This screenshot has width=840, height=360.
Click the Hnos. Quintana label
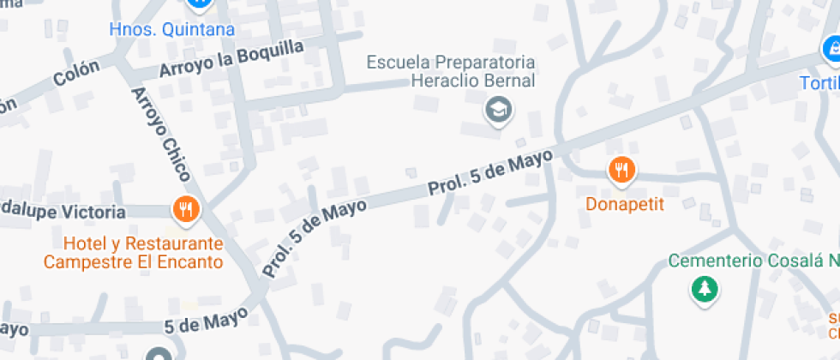tap(171, 30)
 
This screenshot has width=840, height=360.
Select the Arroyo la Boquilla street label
tap(231, 59)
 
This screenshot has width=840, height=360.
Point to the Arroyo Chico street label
tap(160, 133)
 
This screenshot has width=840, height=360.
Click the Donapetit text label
tap(625, 204)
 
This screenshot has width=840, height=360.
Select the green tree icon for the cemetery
tap(705, 289)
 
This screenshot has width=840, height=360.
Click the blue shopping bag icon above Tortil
tap(831, 50)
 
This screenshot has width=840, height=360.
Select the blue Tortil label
tap(819, 83)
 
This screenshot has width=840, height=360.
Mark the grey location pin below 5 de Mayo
tap(158, 355)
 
